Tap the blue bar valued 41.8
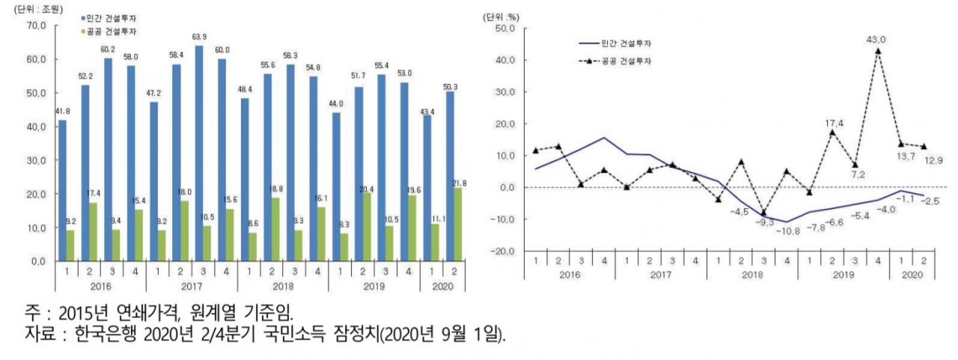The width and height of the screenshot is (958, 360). (62, 190)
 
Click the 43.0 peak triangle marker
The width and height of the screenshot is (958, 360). (878, 51)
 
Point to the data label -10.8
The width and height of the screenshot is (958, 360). (787, 231)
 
